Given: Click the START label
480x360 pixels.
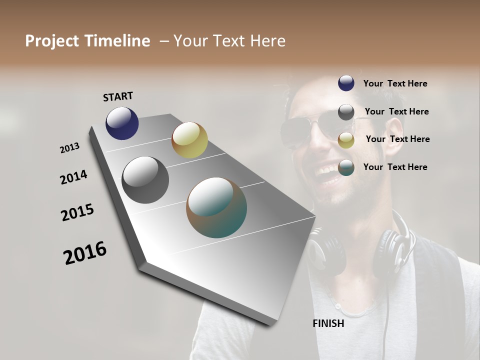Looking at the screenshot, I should pos(118,96).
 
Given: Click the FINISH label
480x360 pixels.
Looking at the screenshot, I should pos(328,323).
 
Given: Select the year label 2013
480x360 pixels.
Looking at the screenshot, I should pos(69,148).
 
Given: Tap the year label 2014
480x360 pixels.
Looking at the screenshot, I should pos(73,177).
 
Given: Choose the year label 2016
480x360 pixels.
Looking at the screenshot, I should pos(85,253).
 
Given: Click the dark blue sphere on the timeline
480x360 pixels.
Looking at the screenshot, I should pos(122,123).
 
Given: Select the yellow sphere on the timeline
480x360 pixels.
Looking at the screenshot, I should pos(189,140).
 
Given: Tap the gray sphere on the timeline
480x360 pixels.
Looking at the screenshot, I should pos(145,180).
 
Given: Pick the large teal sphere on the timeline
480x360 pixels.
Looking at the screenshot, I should pos(216,207).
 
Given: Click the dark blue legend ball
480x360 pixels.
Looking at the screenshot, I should pos(346,83).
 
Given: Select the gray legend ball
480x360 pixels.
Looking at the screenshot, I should pos(346,112).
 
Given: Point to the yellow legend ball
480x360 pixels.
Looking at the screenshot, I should pos(346,140).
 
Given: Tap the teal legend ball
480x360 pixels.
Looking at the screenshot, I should pos(346,167).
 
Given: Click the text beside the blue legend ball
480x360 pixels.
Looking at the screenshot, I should pos(395,84).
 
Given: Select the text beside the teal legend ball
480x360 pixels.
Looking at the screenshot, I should pos(395,167).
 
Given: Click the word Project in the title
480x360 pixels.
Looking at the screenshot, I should pos(50,41).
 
